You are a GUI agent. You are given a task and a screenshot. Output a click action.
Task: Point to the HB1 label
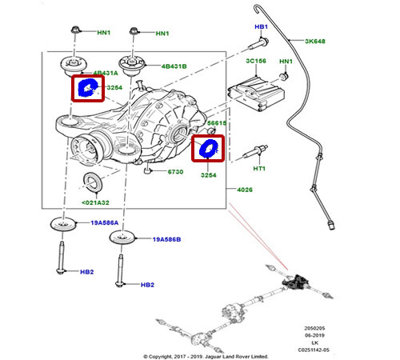pyautogui.click(x=260, y=27)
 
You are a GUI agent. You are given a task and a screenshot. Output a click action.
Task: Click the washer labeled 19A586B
pyautogui.click(x=121, y=238)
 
